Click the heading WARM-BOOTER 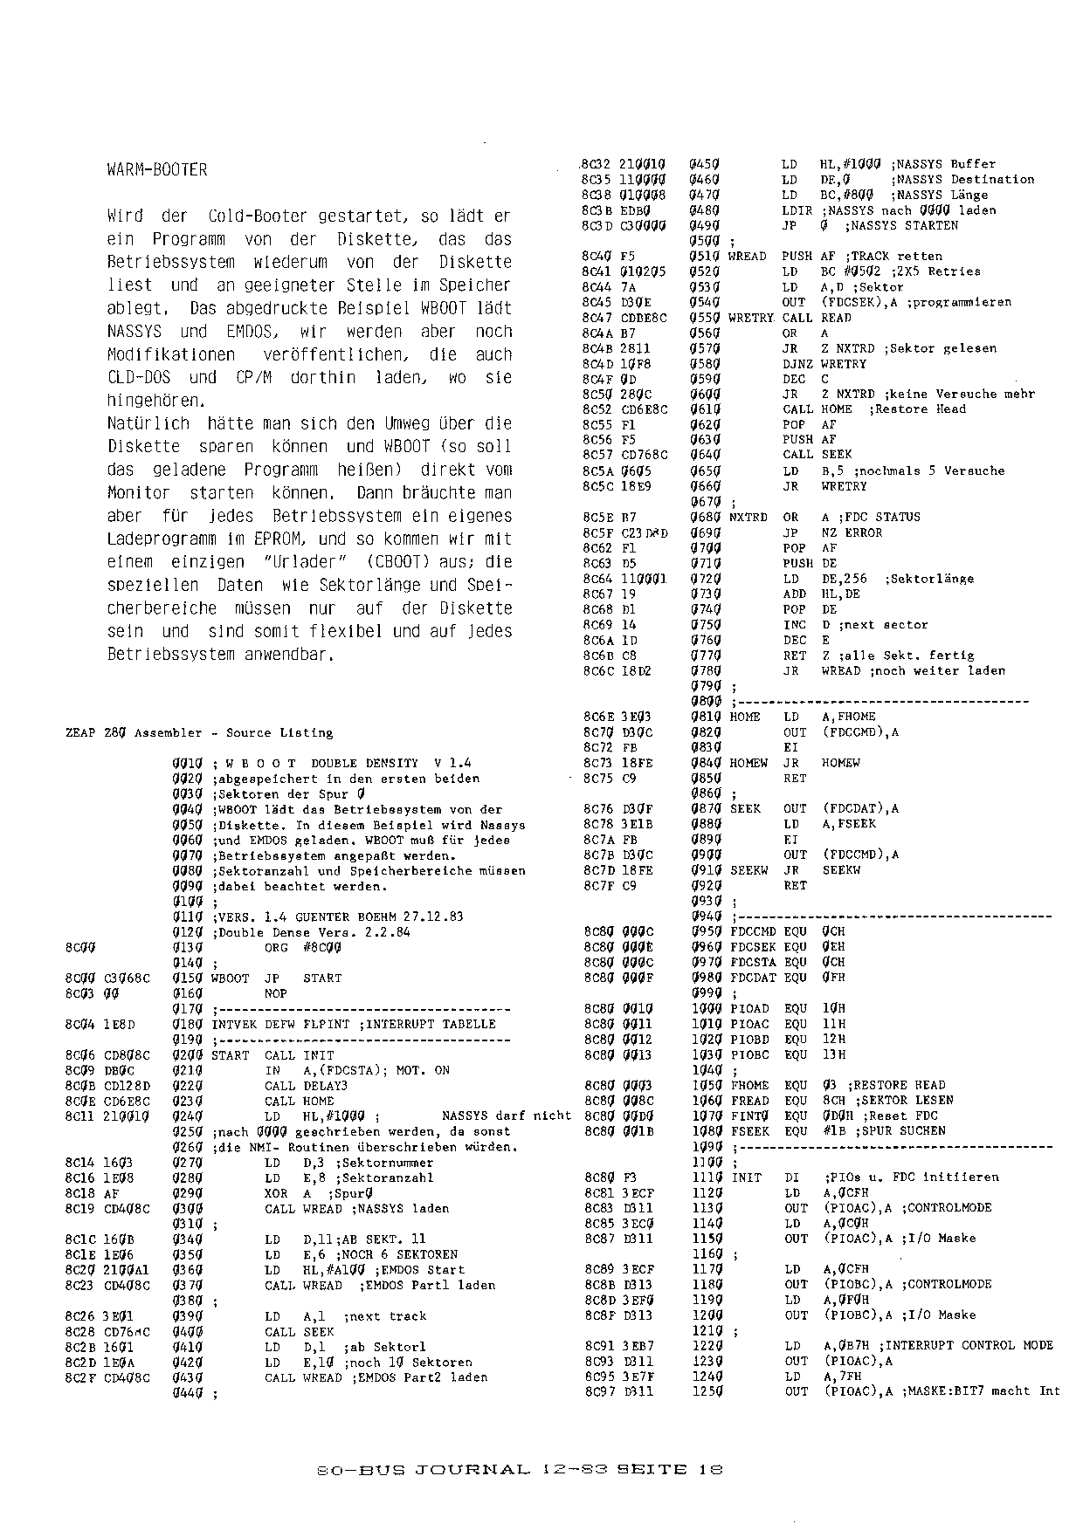click(157, 170)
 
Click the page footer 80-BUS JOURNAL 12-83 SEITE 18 click(519, 1469)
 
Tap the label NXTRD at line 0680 click(748, 517)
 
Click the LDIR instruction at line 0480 click(797, 210)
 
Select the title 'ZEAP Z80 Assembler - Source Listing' click(199, 732)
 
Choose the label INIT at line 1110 click(746, 1177)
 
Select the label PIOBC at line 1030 click(750, 1054)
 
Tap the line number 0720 click(703, 579)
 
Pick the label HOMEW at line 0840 click(748, 763)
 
